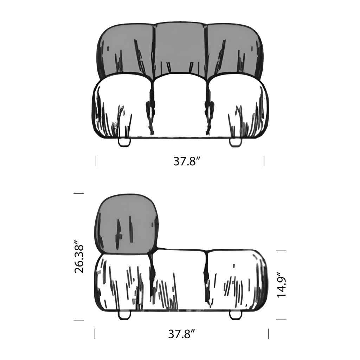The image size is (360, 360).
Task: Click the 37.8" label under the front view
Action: tap(187, 161)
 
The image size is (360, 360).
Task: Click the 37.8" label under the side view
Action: tap(181, 334)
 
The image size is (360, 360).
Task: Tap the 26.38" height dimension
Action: tap(80, 257)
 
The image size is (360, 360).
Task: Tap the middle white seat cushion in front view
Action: tap(180, 105)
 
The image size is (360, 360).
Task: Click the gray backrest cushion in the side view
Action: tap(126, 223)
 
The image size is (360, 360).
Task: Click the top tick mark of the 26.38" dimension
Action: tap(78, 193)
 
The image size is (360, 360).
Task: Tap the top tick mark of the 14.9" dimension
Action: tap(281, 251)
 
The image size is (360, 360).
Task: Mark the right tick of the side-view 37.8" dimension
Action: tap(269, 334)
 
